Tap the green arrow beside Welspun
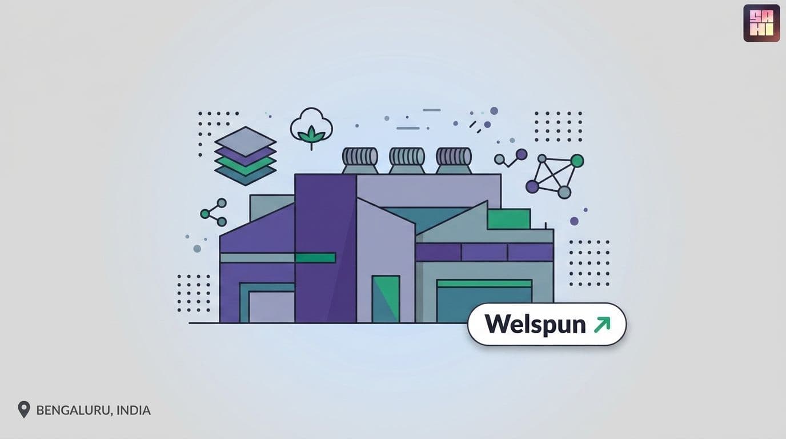[602, 325]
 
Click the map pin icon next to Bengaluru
[24, 409]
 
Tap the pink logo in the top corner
[761, 23]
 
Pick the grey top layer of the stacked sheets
[246, 142]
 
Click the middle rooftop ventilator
[407, 161]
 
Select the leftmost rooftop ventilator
[360, 161]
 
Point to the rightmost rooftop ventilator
[454, 161]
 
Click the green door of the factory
[386, 299]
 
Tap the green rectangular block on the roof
[509, 219]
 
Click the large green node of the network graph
[577, 161]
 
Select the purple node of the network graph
[532, 186]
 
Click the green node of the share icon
[205, 213]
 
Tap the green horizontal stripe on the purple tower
[315, 258]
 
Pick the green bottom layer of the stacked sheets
[246, 166]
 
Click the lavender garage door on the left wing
[271, 307]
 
